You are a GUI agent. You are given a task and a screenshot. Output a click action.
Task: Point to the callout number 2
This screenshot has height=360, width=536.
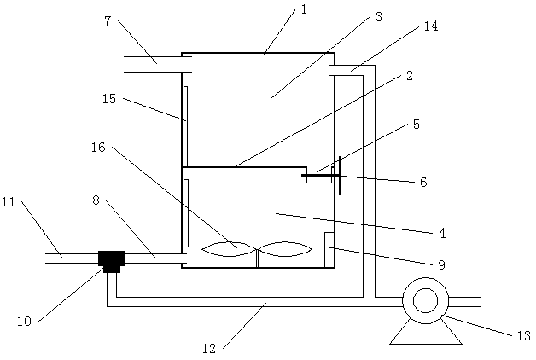410,77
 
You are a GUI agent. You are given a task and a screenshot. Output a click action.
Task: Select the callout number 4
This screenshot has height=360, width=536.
441,231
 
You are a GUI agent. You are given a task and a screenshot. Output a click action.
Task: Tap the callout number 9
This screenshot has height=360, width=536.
441,265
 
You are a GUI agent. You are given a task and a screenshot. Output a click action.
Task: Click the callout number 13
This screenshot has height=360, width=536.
523,336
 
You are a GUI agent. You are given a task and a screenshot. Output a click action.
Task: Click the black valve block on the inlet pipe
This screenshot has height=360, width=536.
112,258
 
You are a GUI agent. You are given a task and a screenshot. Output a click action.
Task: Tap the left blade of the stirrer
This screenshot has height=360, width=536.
229,249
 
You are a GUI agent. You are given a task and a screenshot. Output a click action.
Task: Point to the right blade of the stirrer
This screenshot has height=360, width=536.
287,249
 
